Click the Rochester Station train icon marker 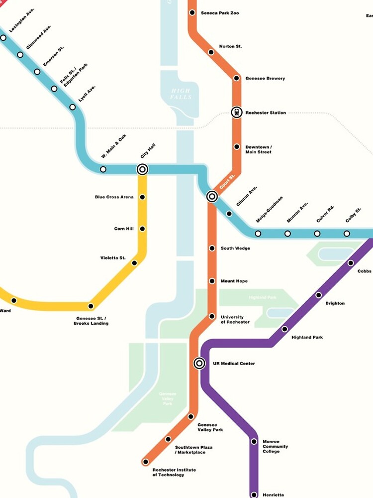237,113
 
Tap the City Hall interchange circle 142,169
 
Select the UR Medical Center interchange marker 199,364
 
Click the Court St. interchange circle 212,196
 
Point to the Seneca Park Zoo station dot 192,12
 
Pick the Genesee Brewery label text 265,78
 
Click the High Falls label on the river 181,94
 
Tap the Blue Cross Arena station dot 142,197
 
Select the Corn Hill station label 124,229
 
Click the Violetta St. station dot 134,262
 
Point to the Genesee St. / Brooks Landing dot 91,306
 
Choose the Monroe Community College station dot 254,441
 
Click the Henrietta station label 273,495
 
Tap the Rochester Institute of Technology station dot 146,462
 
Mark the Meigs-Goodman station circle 258,234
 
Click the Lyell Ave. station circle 73,107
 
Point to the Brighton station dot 319,295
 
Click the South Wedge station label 235,248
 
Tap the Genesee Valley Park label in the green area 168,398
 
